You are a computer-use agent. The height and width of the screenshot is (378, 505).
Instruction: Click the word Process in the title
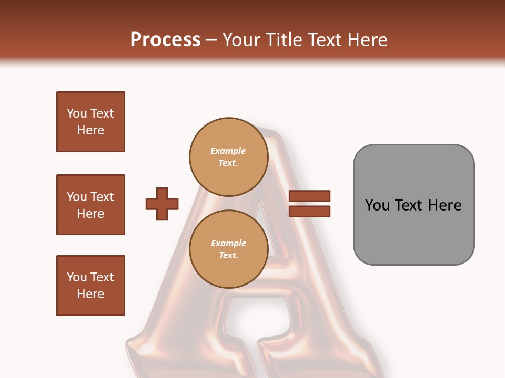(x=165, y=40)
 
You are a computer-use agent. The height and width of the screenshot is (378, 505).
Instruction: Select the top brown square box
(x=90, y=122)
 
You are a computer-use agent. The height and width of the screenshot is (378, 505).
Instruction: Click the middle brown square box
(x=90, y=205)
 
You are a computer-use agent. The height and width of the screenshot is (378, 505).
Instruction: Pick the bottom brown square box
(x=90, y=286)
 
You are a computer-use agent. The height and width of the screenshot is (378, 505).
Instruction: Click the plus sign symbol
(x=162, y=204)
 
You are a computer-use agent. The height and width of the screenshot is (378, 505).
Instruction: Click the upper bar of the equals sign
(x=309, y=196)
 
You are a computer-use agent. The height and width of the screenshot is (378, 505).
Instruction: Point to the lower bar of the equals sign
(x=309, y=211)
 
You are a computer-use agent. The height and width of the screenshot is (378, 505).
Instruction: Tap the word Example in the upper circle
(x=228, y=151)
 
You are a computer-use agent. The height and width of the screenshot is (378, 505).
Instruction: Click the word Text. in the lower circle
(x=228, y=256)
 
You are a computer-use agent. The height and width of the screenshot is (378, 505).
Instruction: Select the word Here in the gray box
(x=445, y=205)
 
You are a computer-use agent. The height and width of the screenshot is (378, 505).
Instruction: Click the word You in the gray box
(x=378, y=205)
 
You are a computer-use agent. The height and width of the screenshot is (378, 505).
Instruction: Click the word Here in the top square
(x=90, y=130)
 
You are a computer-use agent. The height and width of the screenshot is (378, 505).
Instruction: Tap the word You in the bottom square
(x=77, y=277)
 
